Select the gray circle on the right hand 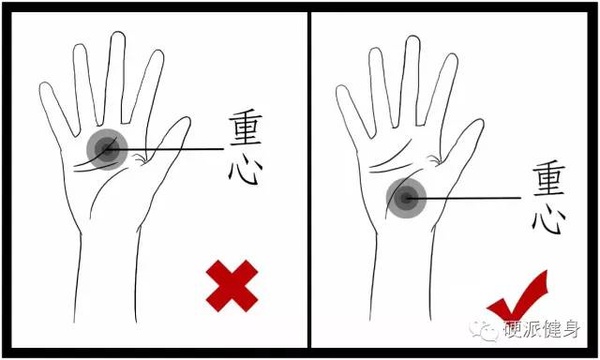[406, 199]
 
